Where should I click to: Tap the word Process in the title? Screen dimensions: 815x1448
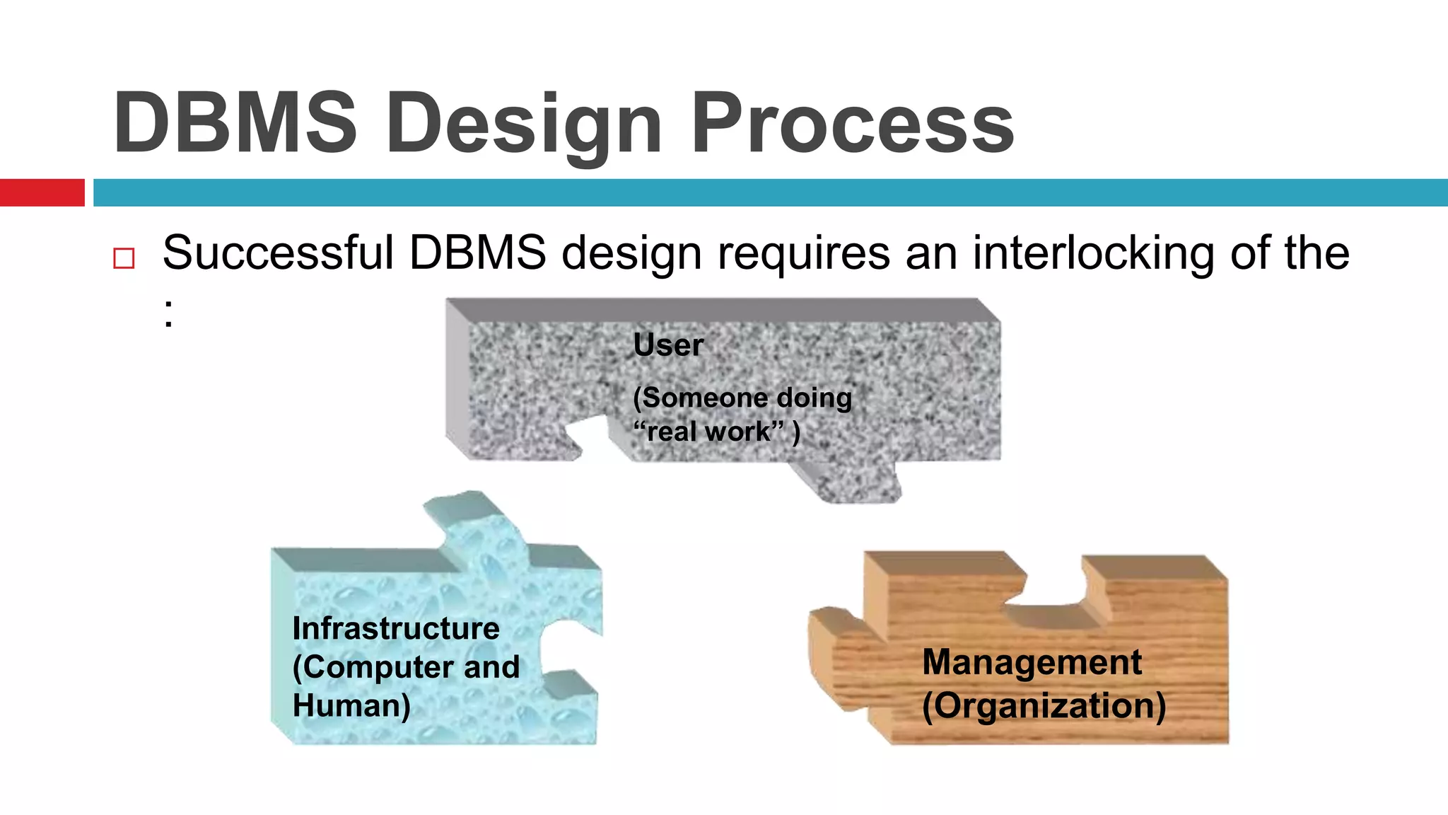coord(853,124)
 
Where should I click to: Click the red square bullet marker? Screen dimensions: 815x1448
coord(124,258)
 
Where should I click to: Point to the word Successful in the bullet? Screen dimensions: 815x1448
coord(278,253)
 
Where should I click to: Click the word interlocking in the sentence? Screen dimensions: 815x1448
coord(1093,253)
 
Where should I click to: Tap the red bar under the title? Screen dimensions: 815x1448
coord(42,192)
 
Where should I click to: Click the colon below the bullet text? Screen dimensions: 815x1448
coord(168,314)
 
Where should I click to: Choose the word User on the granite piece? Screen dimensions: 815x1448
coord(668,345)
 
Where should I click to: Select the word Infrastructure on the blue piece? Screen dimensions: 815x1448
coord(396,629)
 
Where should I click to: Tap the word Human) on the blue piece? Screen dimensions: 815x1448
coord(351,705)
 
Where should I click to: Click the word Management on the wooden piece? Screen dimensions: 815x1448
coord(1032,663)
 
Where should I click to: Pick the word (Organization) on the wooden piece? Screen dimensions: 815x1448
coord(1044,705)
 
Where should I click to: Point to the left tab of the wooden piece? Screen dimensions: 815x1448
coord(838,658)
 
